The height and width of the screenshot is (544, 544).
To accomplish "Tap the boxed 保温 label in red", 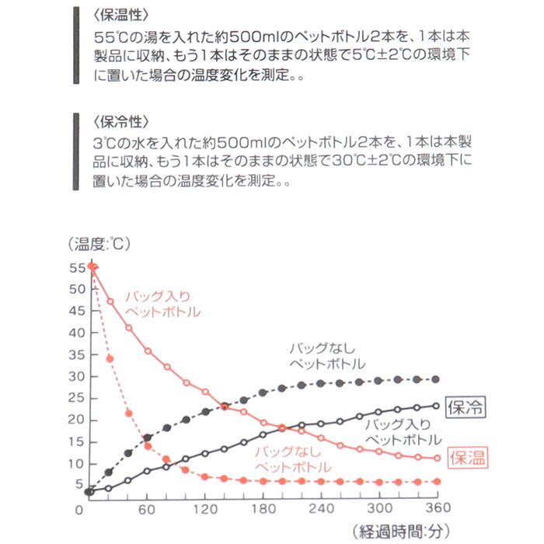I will click(469, 458).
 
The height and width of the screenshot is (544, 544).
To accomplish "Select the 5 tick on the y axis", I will click(79, 486).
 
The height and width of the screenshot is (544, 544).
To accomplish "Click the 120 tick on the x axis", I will click(205, 509).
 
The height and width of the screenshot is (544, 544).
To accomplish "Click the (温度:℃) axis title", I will click(101, 244).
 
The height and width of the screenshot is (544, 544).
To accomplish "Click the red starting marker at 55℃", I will click(92, 267).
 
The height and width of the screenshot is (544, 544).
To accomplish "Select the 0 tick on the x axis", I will click(79, 509).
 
